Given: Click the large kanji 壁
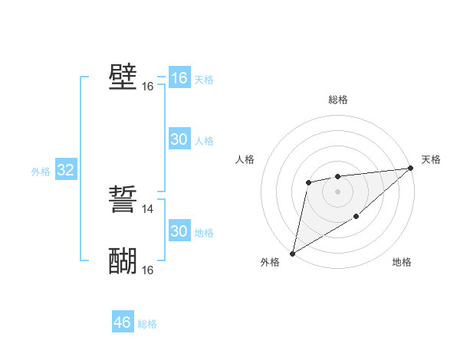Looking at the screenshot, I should pyautogui.click(x=123, y=77).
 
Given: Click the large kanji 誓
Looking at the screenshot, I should pyautogui.click(x=123, y=201).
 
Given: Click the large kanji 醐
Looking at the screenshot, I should pyautogui.click(x=123, y=261).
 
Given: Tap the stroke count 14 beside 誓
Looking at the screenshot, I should pyautogui.click(x=148, y=208).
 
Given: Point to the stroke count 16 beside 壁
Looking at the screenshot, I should pyautogui.click(x=148, y=87).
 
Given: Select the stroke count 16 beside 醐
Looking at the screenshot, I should pyautogui.click(x=148, y=270).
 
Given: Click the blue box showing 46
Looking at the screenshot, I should pyautogui.click(x=123, y=322).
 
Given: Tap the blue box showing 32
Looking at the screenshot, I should pyautogui.click(x=65, y=170).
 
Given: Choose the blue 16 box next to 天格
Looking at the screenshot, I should pyautogui.click(x=179, y=78).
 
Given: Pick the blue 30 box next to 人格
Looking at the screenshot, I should pyautogui.click(x=179, y=139).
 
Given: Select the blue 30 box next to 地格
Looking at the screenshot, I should pyautogui.click(x=179, y=231).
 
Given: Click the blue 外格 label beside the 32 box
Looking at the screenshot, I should pyautogui.click(x=41, y=172).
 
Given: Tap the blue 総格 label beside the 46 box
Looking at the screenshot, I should pyautogui.click(x=148, y=324).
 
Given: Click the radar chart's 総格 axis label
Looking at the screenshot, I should pyautogui.click(x=337, y=100).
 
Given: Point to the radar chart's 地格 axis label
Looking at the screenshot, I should pyautogui.click(x=402, y=263).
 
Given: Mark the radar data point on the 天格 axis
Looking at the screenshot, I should pyautogui.click(x=410, y=168).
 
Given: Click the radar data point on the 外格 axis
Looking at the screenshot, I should pyautogui.click(x=292, y=253).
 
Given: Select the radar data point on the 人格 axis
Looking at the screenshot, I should pyautogui.click(x=308, y=182).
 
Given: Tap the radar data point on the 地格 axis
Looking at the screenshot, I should pyautogui.click(x=356, y=217).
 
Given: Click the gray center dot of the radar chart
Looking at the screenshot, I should pyautogui.click(x=337, y=191).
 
